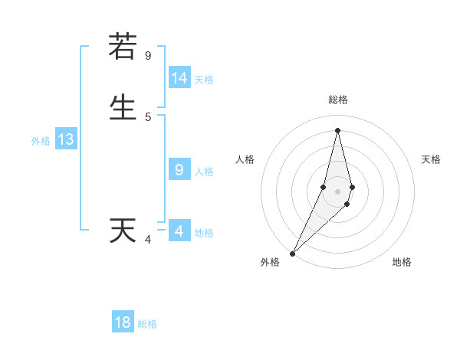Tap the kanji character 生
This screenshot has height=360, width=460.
(123, 107)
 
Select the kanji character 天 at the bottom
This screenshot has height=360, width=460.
(123, 231)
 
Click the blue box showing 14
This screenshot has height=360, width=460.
(179, 78)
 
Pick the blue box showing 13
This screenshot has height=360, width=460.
(65, 139)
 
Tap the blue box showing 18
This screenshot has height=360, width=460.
(123, 322)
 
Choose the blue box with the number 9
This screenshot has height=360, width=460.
(179, 170)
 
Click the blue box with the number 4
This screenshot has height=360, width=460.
(179, 231)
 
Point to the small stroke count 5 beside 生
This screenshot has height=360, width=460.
(148, 117)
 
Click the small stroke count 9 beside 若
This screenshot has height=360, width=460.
(148, 55)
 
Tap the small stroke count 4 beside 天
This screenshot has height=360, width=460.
(148, 241)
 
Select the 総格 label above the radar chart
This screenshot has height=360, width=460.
(337, 100)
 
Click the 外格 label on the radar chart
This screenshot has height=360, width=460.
(270, 263)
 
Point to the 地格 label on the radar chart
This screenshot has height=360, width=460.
(402, 263)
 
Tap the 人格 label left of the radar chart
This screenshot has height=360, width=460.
(245, 159)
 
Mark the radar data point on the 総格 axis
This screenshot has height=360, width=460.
(337, 129)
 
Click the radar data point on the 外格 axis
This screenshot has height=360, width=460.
(292, 253)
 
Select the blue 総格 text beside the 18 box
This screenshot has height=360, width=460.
(147, 324)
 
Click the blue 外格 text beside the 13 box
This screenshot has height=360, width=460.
(41, 141)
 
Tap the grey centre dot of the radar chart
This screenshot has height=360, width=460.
(337, 191)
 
